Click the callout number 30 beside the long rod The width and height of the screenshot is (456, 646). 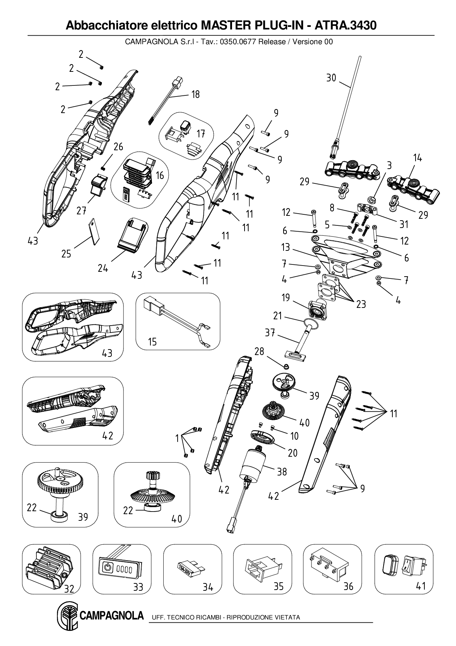click(331, 78)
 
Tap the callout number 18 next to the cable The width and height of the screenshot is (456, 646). click(195, 95)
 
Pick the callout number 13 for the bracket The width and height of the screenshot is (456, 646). click(286, 247)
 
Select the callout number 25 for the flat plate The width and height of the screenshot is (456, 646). click(66, 254)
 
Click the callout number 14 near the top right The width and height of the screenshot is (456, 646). click(417, 158)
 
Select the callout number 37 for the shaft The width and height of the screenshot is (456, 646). click(270, 333)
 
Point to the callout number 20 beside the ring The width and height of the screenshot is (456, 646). click(292, 452)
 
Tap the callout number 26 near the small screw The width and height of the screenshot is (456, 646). click(118, 147)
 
